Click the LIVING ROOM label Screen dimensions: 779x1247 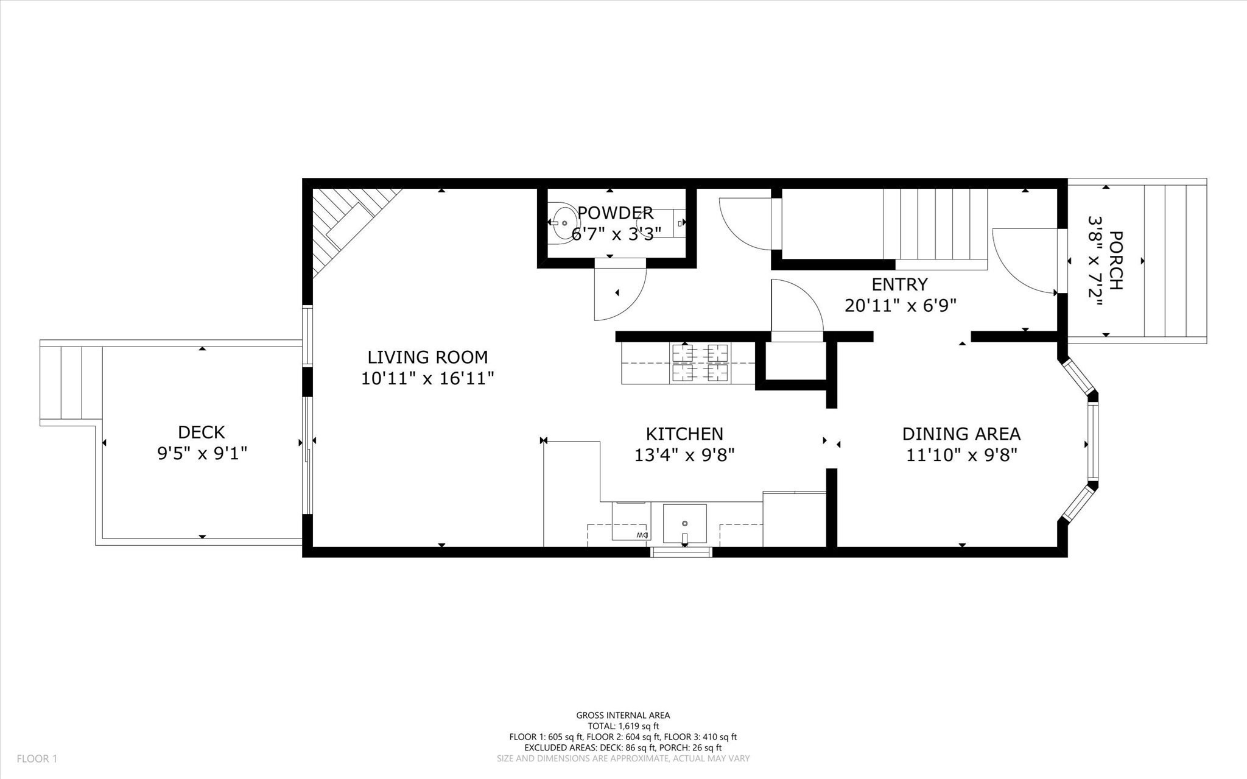pyautogui.click(x=427, y=357)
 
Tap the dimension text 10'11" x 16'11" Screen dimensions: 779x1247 pyautogui.click(x=427, y=379)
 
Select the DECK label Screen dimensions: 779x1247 pyautogui.click(x=202, y=432)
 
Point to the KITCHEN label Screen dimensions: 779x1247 pyautogui.click(x=684, y=434)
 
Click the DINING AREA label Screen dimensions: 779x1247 pyautogui.click(x=961, y=434)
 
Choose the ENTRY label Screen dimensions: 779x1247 pyautogui.click(x=899, y=284)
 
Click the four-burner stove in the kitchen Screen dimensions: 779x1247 pyautogui.click(x=700, y=363)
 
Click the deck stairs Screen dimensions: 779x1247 pyautogui.click(x=71, y=382)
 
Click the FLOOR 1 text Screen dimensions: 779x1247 pyautogui.click(x=37, y=759)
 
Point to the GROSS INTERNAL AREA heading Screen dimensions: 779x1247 pyautogui.click(x=623, y=715)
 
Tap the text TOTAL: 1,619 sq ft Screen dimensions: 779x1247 pyautogui.click(x=623, y=726)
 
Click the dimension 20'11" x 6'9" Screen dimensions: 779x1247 pyautogui.click(x=900, y=306)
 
